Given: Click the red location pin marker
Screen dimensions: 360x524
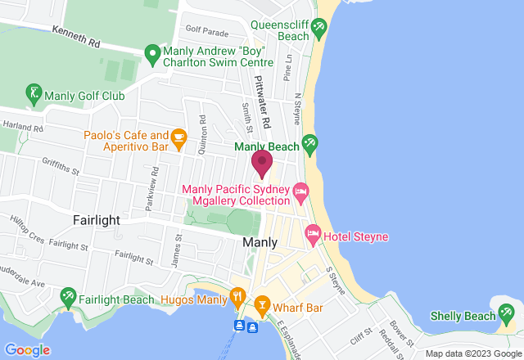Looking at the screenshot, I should click(x=262, y=163).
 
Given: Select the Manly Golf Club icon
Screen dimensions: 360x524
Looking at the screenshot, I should click(x=34, y=92).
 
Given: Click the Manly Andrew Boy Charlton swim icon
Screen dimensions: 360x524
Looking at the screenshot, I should click(x=152, y=55).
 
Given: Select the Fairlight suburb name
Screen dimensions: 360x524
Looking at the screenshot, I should click(x=97, y=221).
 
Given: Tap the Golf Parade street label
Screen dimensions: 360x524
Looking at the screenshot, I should click(x=206, y=30).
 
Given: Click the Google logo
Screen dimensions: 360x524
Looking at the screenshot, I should click(x=26, y=350).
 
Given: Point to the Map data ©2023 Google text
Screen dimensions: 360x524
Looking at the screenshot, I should click(x=471, y=353).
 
